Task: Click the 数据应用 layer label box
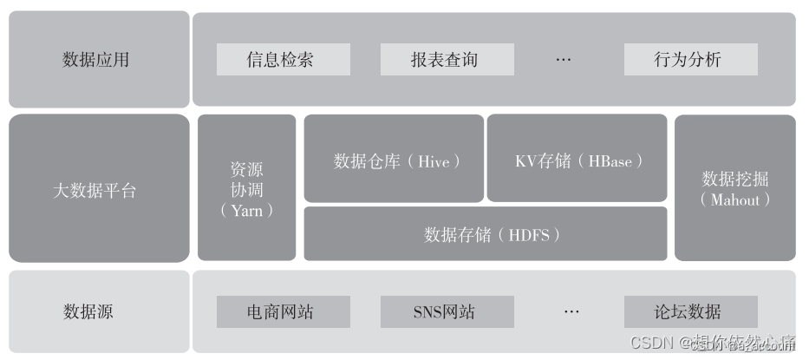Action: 98,59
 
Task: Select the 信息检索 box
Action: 283,60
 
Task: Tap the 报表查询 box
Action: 447,60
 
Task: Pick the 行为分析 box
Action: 690,60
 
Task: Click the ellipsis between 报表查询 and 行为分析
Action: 564,60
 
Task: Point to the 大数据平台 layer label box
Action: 98,188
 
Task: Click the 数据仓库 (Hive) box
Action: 394,160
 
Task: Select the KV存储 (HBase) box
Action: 577,160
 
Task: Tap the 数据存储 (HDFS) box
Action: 486,234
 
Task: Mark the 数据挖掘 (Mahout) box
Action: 734,188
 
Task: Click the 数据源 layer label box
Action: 98,311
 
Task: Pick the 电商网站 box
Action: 283,311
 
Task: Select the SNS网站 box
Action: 447,311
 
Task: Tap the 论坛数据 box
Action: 690,311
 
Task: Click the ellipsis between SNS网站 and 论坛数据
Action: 571,311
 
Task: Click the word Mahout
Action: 734,200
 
